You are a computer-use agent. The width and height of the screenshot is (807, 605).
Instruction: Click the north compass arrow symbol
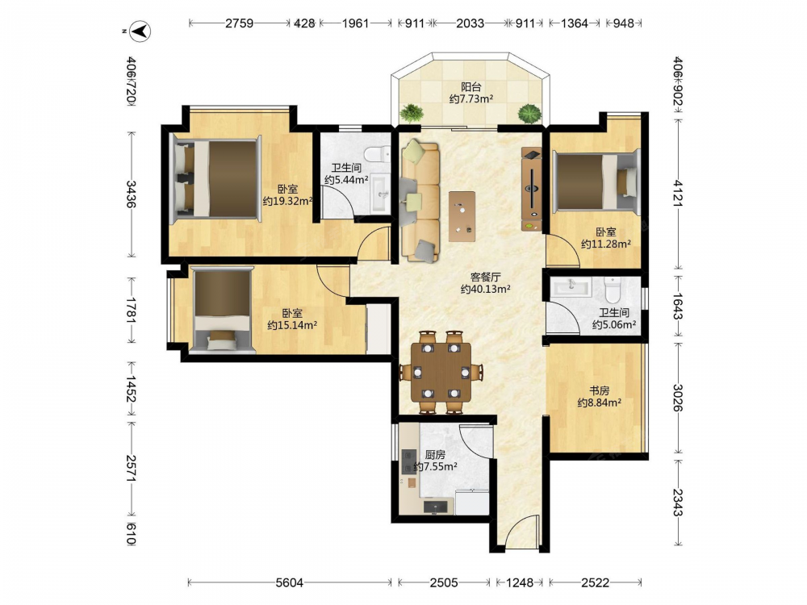pyautogui.click(x=140, y=31)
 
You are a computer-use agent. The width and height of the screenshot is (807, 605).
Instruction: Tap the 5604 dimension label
pyautogui.click(x=290, y=582)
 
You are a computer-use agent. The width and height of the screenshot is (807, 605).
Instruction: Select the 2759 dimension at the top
pyautogui.click(x=240, y=23)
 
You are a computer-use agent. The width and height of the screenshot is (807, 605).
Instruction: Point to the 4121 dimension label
pyautogui.click(x=679, y=193)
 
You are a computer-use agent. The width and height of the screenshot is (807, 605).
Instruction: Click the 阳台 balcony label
pyautogui.click(x=471, y=87)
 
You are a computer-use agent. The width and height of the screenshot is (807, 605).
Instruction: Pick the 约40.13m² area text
pyautogui.click(x=485, y=289)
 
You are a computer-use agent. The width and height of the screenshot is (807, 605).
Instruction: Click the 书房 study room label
pyautogui.click(x=599, y=391)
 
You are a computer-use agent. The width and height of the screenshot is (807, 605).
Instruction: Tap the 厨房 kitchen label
pyautogui.click(x=436, y=455)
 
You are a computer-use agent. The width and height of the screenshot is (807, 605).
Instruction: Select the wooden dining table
pyautogui.click(x=441, y=372)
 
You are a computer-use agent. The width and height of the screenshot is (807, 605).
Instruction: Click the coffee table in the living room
pyautogui.click(x=462, y=216)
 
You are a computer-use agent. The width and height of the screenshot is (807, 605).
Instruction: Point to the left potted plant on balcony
pyautogui.click(x=412, y=113)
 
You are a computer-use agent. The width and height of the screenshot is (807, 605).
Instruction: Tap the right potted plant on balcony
pyautogui.click(x=529, y=113)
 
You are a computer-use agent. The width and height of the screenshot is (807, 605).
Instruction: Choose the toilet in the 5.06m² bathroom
pyautogui.click(x=613, y=290)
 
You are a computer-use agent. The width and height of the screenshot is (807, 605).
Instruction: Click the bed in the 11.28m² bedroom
pyautogui.click(x=596, y=182)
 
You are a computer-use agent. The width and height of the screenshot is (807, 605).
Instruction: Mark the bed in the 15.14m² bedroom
pyautogui.click(x=222, y=310)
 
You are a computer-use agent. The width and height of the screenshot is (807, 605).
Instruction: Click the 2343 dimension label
pyautogui.click(x=679, y=502)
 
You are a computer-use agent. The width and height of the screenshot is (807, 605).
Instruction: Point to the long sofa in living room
pyautogui.click(x=420, y=201)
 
